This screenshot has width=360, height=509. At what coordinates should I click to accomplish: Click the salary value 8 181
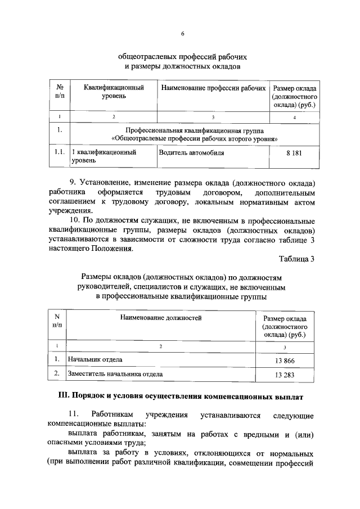pyautogui.click(x=294, y=152)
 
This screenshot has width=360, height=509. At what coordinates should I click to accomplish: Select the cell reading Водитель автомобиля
pyautogui.click(x=191, y=152)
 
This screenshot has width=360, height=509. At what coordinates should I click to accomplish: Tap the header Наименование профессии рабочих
pyautogui.click(x=213, y=89)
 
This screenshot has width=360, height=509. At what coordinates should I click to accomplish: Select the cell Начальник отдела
pyautogui.click(x=94, y=359)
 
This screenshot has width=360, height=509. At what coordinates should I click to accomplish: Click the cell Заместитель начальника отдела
pyautogui.click(x=115, y=373)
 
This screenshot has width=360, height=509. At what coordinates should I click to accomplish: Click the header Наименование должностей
pyautogui.click(x=160, y=318)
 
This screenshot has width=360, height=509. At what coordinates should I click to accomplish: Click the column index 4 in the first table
pyautogui.click(x=294, y=117)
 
